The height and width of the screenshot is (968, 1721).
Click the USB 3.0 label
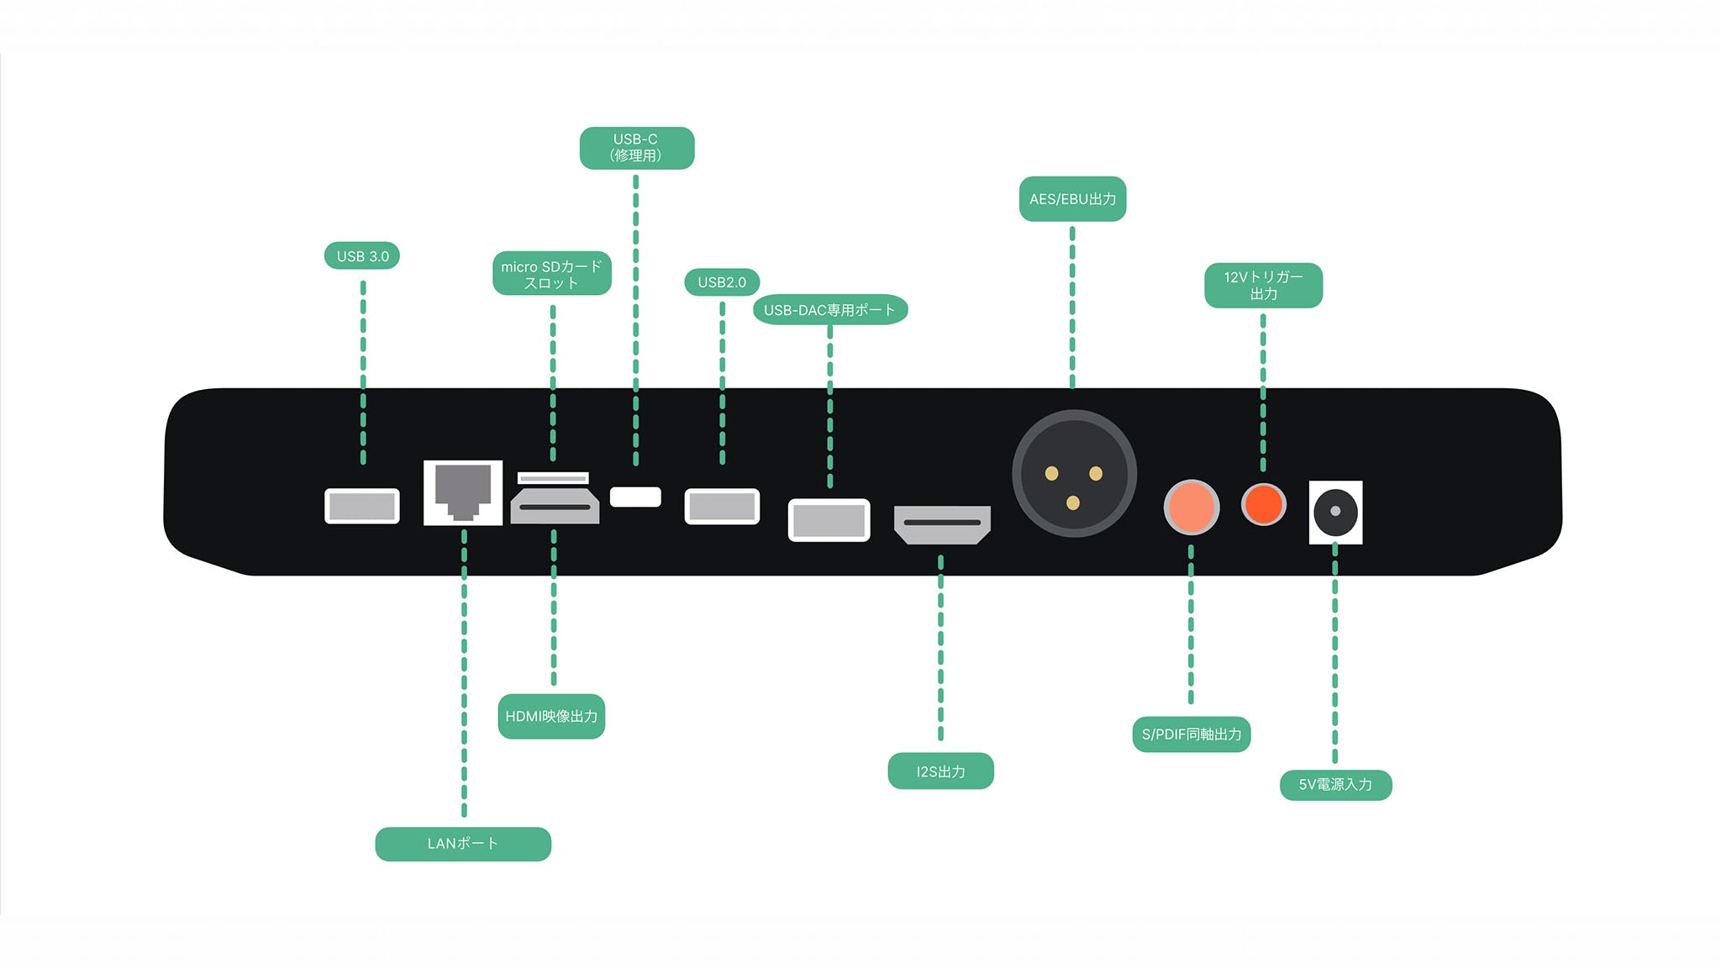362,256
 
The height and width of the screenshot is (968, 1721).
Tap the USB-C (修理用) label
636,148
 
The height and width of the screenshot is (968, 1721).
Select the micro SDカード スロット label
551,274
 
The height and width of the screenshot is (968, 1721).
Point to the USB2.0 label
722,282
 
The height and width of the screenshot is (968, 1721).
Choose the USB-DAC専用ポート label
829,310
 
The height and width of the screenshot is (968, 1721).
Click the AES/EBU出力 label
1072,199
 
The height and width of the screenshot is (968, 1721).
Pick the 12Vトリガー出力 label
1263,286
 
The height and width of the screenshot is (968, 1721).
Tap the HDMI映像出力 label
551,717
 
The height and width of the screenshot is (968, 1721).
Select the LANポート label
462,844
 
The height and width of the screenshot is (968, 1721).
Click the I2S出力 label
940,771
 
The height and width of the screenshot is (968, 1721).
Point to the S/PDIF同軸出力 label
1191,734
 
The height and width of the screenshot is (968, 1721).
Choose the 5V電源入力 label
1335,785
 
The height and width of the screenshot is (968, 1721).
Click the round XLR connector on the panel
1074,475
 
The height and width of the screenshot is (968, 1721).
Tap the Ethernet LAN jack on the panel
463,492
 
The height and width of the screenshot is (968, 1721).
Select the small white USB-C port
635,497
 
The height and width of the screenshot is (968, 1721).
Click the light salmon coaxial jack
1191,507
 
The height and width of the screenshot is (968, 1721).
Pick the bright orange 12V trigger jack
1263,504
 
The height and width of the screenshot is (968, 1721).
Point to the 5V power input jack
1335,512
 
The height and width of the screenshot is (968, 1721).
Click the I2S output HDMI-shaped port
942,524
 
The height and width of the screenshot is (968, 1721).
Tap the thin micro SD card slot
553,478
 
